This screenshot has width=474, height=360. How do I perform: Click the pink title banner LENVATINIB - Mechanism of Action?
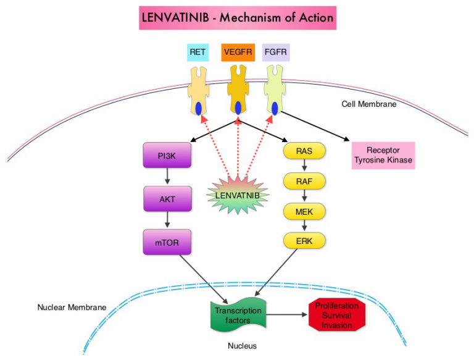pyautogui.click(x=237, y=18)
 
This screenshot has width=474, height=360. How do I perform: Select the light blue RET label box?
pyautogui.click(x=197, y=52)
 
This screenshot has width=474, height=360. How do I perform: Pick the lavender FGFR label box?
pyautogui.click(x=276, y=52)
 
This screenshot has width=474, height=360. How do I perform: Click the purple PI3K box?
pyautogui.click(x=167, y=155)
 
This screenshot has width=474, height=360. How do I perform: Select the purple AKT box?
pyautogui.click(x=167, y=198)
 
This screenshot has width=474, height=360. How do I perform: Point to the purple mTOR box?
pyautogui.click(x=167, y=241)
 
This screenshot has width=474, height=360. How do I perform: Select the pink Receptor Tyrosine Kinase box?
pyautogui.click(x=383, y=156)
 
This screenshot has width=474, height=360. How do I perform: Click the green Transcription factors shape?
pyautogui.click(x=238, y=314)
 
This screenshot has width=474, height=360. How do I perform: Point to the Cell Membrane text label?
pyautogui.click(x=369, y=104)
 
